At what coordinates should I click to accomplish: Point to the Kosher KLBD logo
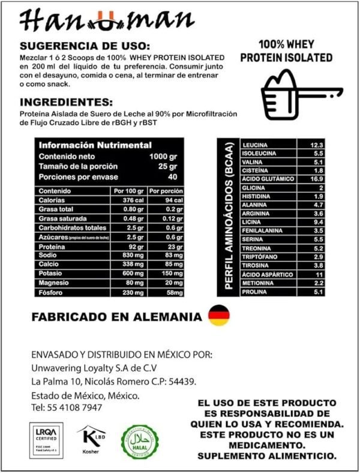point(91,439)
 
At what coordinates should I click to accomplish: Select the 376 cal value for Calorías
point(128,200)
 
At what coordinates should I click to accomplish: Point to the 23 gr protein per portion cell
point(165,246)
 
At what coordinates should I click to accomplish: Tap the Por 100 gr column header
point(128,191)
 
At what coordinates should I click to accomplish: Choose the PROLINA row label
point(255,292)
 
